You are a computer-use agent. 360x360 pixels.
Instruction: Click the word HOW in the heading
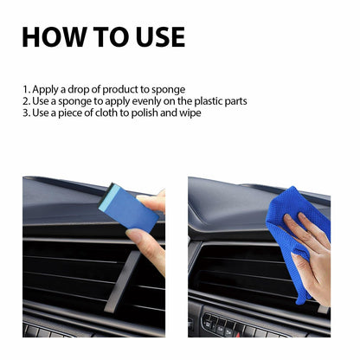click(53, 37)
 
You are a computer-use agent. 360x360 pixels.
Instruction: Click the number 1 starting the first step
click(25, 89)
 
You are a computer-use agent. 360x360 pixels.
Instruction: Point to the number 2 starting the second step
click(25, 101)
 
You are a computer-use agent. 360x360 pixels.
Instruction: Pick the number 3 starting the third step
click(25, 113)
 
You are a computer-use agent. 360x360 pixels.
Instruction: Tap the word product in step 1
click(120, 89)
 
